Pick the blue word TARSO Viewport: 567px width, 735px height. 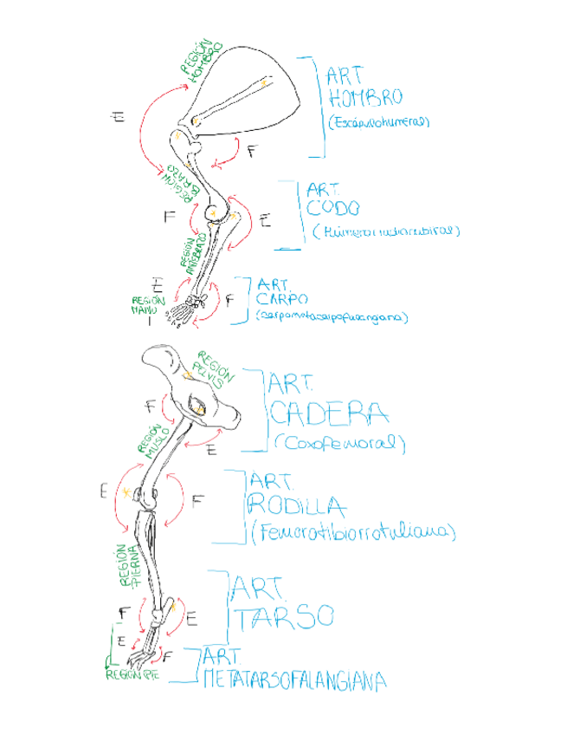tap(283, 616)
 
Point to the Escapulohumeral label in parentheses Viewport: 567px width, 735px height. tap(378, 123)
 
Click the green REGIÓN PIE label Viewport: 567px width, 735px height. tap(132, 673)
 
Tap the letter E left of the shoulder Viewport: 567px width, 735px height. tap(118, 116)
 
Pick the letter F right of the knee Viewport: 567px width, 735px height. tap(197, 500)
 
